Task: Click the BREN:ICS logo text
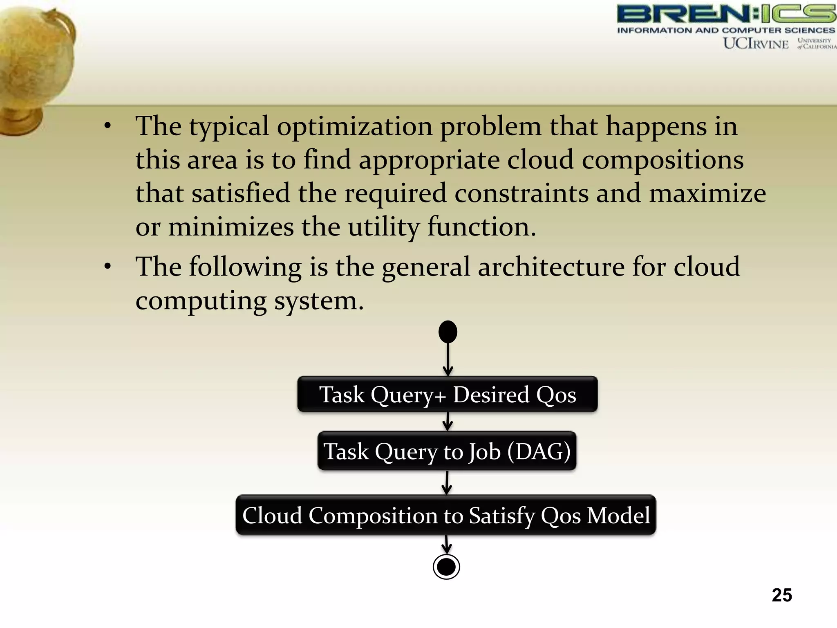click(x=726, y=14)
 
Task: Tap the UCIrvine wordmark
click(x=756, y=43)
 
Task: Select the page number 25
click(x=781, y=595)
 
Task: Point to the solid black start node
click(x=448, y=332)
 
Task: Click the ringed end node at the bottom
click(x=446, y=567)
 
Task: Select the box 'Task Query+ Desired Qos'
click(x=448, y=395)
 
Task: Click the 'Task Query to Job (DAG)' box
click(x=447, y=451)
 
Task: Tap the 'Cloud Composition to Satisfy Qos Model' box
click(x=446, y=515)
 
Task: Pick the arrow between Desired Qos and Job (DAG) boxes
click(x=448, y=421)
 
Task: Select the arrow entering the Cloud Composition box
click(x=447, y=482)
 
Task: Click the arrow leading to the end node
click(x=447, y=545)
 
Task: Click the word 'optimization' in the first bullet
click(x=354, y=127)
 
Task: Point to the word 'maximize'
click(x=707, y=194)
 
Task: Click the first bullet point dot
click(x=107, y=126)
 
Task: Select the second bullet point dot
click(x=107, y=267)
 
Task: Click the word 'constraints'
click(x=521, y=194)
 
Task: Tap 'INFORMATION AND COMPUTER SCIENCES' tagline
click(x=726, y=30)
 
